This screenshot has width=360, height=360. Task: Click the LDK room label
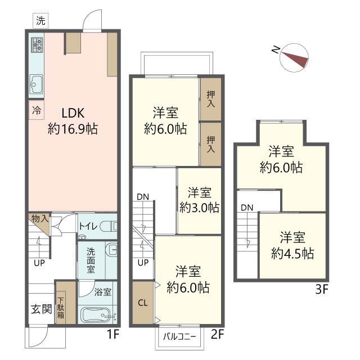[x=73, y=113]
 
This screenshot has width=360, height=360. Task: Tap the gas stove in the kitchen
[x=37, y=45]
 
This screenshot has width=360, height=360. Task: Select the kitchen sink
[x=36, y=84]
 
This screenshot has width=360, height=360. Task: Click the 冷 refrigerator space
[x=36, y=110]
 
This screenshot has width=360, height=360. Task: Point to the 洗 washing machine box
[x=40, y=21]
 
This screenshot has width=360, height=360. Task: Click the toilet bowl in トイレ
[x=109, y=227]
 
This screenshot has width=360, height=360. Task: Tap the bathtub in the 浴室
[x=97, y=315]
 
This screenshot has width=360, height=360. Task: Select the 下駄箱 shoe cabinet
[x=61, y=308]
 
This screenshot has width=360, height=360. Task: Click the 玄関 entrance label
[x=42, y=309]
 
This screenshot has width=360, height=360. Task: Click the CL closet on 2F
[x=143, y=303]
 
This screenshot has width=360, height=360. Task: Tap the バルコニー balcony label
[x=180, y=337]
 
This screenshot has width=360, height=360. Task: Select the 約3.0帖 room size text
[x=199, y=208]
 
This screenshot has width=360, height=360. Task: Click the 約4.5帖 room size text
[x=292, y=254]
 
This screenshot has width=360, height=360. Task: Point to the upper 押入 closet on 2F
[x=211, y=99]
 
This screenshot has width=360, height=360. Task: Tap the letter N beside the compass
[x=276, y=49]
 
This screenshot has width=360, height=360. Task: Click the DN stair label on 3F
[x=247, y=208]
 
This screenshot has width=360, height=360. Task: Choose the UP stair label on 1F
[x=39, y=263]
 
